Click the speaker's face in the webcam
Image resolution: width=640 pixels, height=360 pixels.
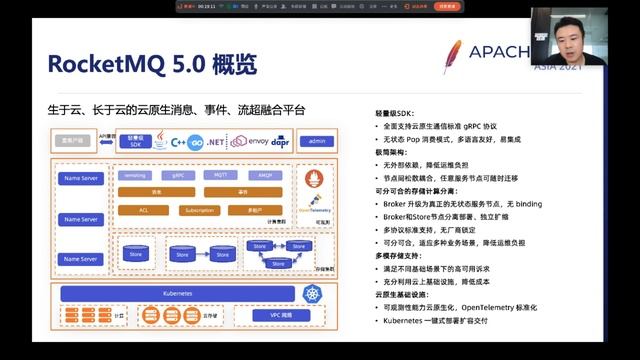pos(568,41)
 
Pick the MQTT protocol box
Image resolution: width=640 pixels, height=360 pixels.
pos(219,174)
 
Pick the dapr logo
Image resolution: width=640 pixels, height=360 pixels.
pos(288,142)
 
